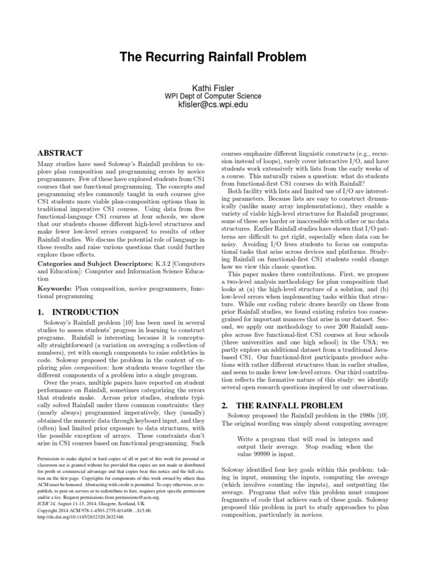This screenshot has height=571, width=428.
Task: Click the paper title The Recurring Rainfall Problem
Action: coord(213,57)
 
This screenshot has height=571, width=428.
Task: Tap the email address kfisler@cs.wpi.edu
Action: coord(213,104)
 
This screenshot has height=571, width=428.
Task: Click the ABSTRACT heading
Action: coord(60,153)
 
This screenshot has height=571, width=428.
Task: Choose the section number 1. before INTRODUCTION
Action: coord(41,312)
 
